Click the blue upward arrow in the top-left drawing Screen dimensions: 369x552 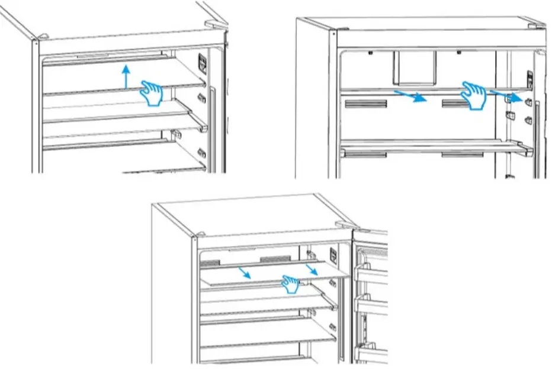pyautogui.click(x=124, y=77)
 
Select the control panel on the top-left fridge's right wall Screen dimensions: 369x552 pyautogui.click(x=202, y=64)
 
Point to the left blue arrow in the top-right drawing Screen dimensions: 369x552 pyautogui.click(x=410, y=95)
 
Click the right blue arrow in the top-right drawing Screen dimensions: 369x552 pyautogui.click(x=508, y=95)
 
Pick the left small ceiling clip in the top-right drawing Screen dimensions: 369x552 pyautogui.click(x=369, y=53)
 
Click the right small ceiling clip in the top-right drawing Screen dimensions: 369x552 pyautogui.click(x=460, y=53)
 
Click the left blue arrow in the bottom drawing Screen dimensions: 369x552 pyautogui.click(x=243, y=271)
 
